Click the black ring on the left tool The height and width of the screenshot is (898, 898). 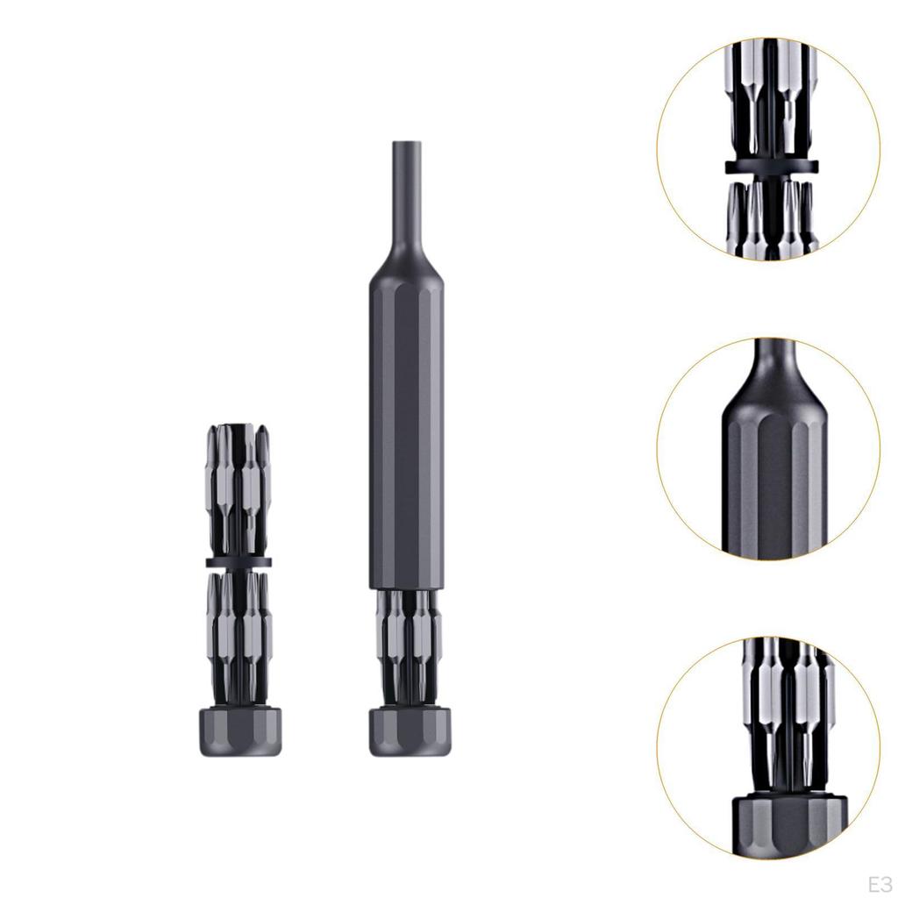(239, 562)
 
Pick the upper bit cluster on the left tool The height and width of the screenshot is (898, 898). (239, 487)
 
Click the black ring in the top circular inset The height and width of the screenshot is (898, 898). (772, 166)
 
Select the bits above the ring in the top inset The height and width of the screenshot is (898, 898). (772, 96)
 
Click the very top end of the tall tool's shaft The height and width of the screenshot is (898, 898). (406, 144)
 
